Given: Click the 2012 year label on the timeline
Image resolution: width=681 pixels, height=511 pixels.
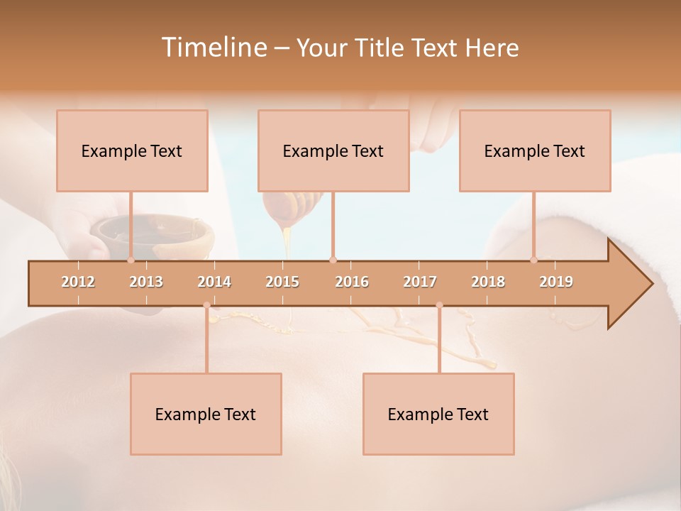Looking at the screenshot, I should pyautogui.click(x=78, y=282).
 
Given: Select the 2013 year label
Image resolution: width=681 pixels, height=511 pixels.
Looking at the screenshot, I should pyautogui.click(x=146, y=282).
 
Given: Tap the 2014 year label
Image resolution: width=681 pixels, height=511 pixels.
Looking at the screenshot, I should pyautogui.click(x=214, y=282).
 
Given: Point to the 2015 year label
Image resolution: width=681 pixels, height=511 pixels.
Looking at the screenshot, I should pyautogui.click(x=282, y=282).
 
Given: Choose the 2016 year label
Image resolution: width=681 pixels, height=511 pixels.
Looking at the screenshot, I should pyautogui.click(x=352, y=282).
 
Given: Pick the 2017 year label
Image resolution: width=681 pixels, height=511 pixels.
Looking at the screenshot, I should pyautogui.click(x=420, y=282).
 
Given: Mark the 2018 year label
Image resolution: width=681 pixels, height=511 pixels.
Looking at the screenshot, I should pyautogui.click(x=488, y=282).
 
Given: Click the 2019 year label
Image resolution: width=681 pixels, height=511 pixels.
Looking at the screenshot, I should pyautogui.click(x=556, y=282).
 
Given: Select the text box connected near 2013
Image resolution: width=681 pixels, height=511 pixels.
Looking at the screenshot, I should pyautogui.click(x=132, y=150).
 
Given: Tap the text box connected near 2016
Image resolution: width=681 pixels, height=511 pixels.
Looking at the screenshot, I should pyautogui.click(x=333, y=150).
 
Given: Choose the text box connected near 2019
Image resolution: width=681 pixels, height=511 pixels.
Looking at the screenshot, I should pyautogui.click(x=535, y=150).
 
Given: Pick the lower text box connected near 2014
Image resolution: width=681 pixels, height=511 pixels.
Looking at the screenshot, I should pyautogui.click(x=206, y=414).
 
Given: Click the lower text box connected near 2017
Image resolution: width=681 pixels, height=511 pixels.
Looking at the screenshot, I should pyautogui.click(x=438, y=414).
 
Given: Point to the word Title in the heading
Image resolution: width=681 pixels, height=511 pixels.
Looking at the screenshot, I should pyautogui.click(x=379, y=48).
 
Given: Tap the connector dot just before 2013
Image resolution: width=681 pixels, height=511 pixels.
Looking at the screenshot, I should pyautogui.click(x=131, y=260).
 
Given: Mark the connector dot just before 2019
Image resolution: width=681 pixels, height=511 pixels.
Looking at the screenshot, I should pyautogui.click(x=534, y=260).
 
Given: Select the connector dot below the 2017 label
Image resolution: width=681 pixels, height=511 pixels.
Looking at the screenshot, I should pyautogui.click(x=439, y=305).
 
